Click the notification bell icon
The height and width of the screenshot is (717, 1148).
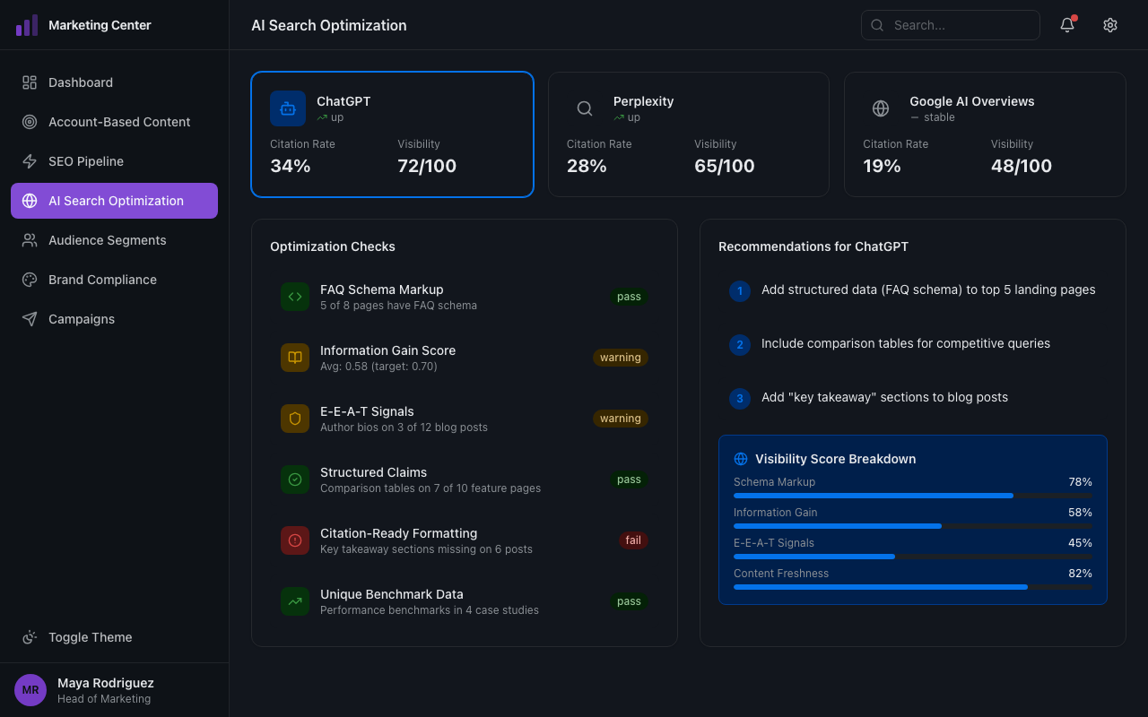click(x=1066, y=25)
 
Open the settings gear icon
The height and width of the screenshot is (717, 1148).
click(x=1109, y=25)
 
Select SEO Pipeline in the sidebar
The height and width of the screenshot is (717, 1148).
click(x=86, y=161)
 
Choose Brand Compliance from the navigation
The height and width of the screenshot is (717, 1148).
click(x=102, y=280)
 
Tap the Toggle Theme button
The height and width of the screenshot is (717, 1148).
click(x=90, y=637)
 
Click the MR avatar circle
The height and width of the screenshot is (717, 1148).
click(x=30, y=690)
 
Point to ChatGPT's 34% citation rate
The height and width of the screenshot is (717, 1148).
click(x=291, y=166)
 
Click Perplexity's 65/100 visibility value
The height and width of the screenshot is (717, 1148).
click(x=724, y=166)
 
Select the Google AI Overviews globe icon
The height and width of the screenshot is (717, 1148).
click(x=881, y=108)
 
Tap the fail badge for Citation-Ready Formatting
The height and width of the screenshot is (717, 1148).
click(x=633, y=540)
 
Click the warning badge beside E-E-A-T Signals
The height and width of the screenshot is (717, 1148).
click(x=620, y=419)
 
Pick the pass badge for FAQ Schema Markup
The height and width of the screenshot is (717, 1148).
click(x=629, y=297)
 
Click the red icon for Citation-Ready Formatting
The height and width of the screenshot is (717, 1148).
click(x=295, y=540)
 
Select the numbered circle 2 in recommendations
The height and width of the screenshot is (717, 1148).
click(x=739, y=345)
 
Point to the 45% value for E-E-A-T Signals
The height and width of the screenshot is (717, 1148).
click(x=1080, y=543)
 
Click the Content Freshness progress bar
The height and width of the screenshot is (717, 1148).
click(x=912, y=587)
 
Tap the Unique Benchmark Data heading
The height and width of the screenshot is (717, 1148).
click(x=391, y=594)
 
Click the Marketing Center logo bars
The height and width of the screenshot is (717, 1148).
click(x=27, y=25)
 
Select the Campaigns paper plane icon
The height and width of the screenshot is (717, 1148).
click(x=30, y=319)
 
